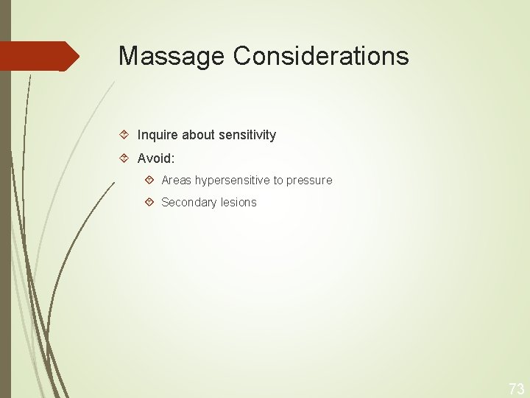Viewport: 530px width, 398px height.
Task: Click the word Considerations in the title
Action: pyautogui.click(x=321, y=56)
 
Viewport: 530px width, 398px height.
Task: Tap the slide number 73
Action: pyautogui.click(x=516, y=388)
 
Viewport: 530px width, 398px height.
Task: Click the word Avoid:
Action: pyautogui.click(x=155, y=158)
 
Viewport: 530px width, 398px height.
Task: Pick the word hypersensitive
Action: pyautogui.click(x=233, y=180)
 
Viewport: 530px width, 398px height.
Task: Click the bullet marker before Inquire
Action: pyautogui.click(x=125, y=135)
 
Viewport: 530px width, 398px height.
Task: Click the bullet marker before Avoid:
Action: pyautogui.click(x=125, y=158)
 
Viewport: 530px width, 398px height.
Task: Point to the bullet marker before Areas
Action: pyautogui.click(x=149, y=180)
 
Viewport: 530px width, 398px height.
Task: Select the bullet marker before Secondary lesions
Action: pyautogui.click(x=149, y=202)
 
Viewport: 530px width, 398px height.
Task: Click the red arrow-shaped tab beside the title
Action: pyautogui.click(x=37, y=56)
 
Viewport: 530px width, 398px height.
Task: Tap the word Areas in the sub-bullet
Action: pyautogui.click(x=177, y=180)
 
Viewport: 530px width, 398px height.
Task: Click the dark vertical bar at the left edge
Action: pyautogui.click(x=5, y=221)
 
